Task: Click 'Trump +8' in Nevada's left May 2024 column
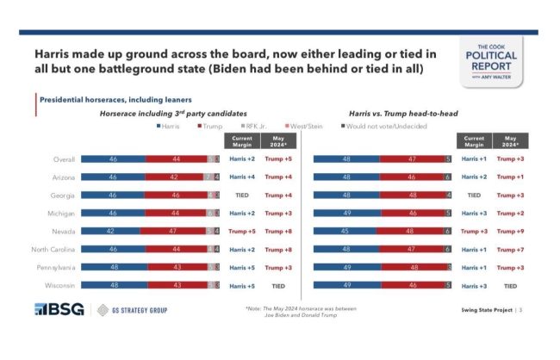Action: pyautogui.click(x=277, y=231)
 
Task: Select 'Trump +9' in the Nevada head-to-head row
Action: pyautogui.click(x=510, y=231)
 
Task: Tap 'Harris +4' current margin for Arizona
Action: pyautogui.click(x=242, y=177)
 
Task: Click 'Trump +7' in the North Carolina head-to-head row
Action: pyautogui.click(x=510, y=249)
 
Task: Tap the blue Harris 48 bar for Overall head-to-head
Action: pyautogui.click(x=346, y=159)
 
